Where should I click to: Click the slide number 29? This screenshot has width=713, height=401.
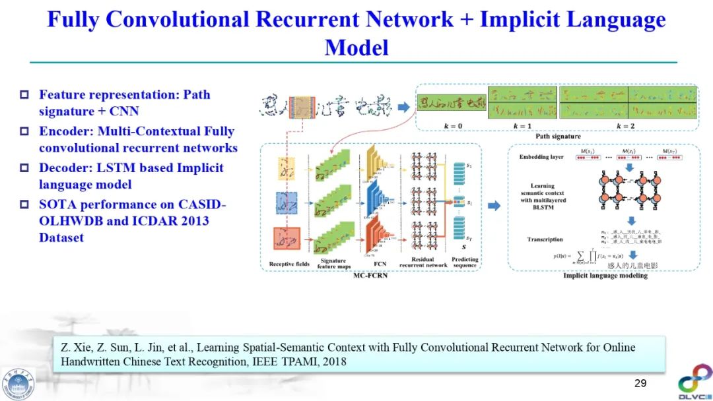click(x=640, y=384)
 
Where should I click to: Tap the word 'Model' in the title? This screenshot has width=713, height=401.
click(x=356, y=47)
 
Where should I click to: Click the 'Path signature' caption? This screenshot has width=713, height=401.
click(x=558, y=137)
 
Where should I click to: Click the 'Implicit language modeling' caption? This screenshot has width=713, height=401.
click(x=605, y=276)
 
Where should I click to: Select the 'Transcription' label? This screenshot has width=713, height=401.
click(x=545, y=239)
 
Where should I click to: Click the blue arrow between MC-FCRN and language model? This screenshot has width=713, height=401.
click(x=494, y=206)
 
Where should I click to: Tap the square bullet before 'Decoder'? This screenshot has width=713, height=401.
click(x=25, y=168)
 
